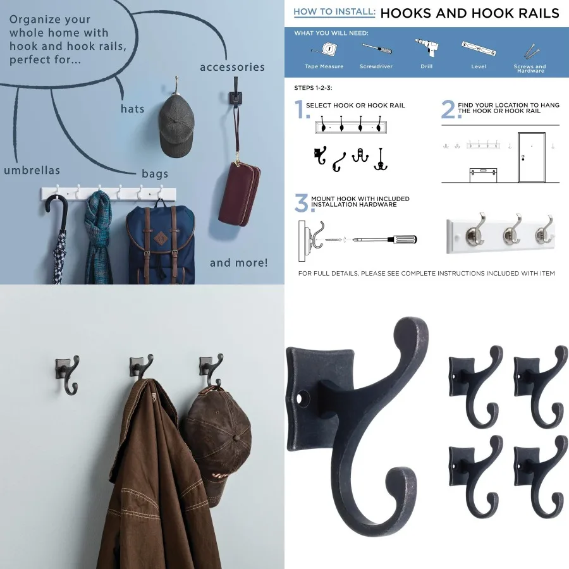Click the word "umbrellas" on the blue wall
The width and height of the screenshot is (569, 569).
[x=32, y=171]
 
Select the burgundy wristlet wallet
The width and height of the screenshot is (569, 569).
[x=238, y=193]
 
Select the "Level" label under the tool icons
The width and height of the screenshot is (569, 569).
[x=479, y=66]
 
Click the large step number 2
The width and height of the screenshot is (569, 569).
[x=448, y=109]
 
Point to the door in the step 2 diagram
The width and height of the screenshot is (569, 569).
[x=531, y=157]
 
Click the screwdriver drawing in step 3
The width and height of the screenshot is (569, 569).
[x=386, y=240]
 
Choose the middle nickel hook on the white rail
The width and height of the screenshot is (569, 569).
[x=511, y=234]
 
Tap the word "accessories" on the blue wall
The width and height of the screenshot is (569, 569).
[x=232, y=67]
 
